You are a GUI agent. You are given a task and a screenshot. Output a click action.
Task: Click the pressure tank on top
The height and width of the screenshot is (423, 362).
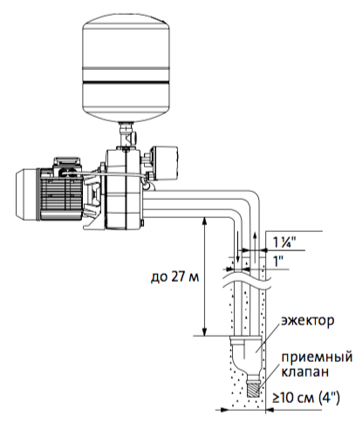pyautogui.click(x=126, y=68)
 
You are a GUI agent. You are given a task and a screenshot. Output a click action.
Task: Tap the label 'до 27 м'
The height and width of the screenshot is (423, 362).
pyautogui.click(x=174, y=276)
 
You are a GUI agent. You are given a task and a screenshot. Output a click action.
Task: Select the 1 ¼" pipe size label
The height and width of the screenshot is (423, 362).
pyautogui.click(x=284, y=242)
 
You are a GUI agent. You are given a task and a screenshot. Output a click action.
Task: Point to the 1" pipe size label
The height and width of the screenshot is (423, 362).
pyautogui.click(x=278, y=261)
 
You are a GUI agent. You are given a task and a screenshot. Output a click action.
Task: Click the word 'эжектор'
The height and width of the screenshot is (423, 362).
pyautogui.click(x=307, y=321)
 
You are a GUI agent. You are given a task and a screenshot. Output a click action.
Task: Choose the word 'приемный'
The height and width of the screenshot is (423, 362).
pyautogui.click(x=317, y=358)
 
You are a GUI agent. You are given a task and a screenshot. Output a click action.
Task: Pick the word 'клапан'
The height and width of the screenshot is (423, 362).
pyautogui.click(x=304, y=372)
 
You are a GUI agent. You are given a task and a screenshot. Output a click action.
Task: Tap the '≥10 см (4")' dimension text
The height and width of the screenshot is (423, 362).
pyautogui.click(x=306, y=398)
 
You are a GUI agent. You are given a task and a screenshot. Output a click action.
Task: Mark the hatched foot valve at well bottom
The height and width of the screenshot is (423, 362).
pyautogui.click(x=252, y=388)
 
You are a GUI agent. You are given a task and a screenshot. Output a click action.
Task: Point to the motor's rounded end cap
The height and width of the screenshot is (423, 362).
pyautogui.click(x=27, y=194)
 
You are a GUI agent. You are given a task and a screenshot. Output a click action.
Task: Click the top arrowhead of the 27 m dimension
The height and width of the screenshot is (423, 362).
pyautogui.click(x=205, y=221)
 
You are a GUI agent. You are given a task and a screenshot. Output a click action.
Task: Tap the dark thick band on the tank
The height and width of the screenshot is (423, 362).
pyautogui.click(x=126, y=82)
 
